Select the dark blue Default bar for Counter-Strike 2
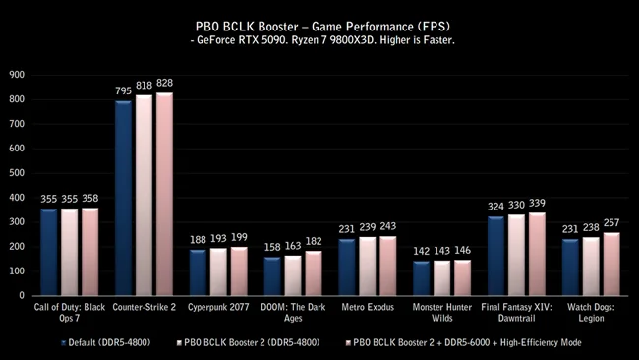[x=123, y=198]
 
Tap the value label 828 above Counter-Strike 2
[x=164, y=85]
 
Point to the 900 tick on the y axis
[x=18, y=74]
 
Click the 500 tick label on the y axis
[x=18, y=172]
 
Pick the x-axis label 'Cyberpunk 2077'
[x=217, y=308]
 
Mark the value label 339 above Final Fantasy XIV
[x=536, y=204]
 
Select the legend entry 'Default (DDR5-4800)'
[x=107, y=341]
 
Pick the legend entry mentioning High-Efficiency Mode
[x=468, y=341]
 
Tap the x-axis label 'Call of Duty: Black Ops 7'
[x=69, y=313]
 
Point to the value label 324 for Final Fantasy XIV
[x=494, y=208]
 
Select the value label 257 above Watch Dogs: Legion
[x=611, y=224]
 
